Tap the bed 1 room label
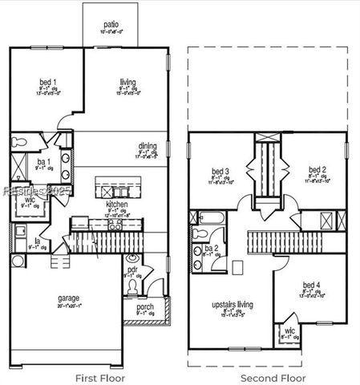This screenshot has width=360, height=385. pyautogui.click(x=47, y=81)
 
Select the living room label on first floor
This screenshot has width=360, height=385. pyautogui.click(x=127, y=81)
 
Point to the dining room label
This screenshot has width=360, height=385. pyautogui.click(x=148, y=146)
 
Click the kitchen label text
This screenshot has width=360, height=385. pyautogui.click(x=117, y=205)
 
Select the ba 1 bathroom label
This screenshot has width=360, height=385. pyautogui.click(x=42, y=162)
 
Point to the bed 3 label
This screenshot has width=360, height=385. pyautogui.click(x=220, y=171)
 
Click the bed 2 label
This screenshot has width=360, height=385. pyautogui.click(x=318, y=170)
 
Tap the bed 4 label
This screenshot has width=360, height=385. pyautogui.click(x=311, y=286)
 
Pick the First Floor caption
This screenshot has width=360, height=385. pyautogui.click(x=98, y=376)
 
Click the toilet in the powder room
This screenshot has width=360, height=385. pyautogui.click(x=131, y=259)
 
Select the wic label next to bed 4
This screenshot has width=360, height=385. pyautogui.click(x=288, y=333)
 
